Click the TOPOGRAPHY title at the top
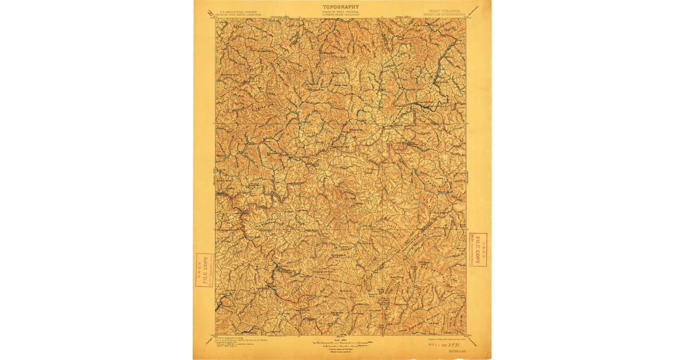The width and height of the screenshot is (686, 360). coord(341,6)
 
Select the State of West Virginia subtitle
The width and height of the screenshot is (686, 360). coord(341,13)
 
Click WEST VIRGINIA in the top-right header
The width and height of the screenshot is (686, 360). coord(445,10)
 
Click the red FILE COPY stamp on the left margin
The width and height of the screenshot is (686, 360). coord(205,270)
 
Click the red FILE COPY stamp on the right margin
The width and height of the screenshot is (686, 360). coord(477,249)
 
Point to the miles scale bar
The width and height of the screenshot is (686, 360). coord(341,342)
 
